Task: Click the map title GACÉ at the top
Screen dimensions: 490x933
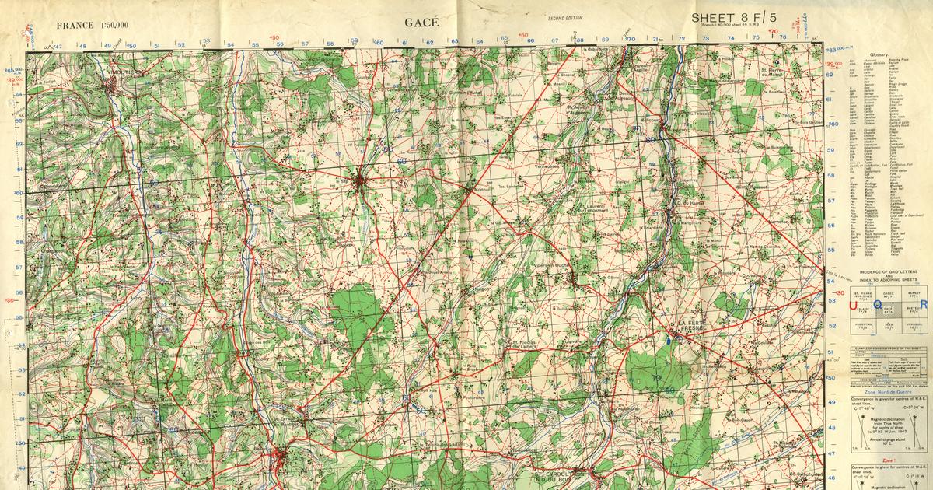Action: click(x=421, y=21)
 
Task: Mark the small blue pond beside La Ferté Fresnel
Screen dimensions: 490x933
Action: click(x=668, y=340)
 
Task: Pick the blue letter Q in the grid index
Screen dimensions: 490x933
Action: click(x=879, y=306)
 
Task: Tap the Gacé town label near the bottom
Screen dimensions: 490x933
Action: click(x=282, y=459)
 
